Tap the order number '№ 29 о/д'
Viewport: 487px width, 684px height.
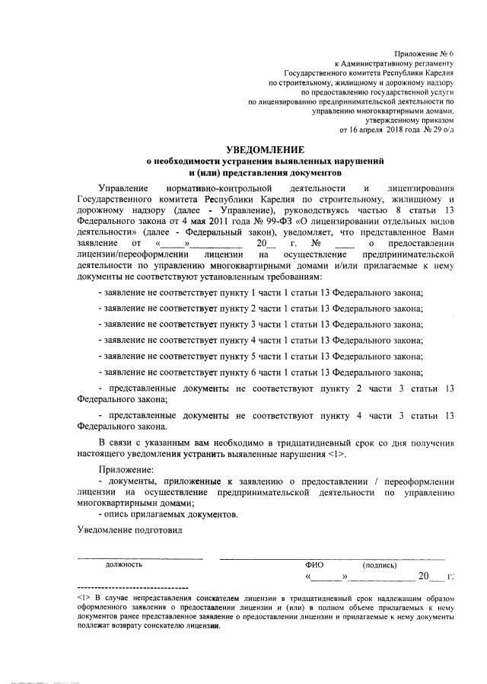pos(436,130)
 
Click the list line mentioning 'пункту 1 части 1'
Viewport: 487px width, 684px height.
pos(272,292)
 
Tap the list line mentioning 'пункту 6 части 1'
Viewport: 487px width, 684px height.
pos(272,372)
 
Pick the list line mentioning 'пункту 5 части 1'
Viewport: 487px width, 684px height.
pos(272,356)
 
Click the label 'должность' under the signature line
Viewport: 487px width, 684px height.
pos(124,564)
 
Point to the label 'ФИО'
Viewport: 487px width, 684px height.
pos(314,565)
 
